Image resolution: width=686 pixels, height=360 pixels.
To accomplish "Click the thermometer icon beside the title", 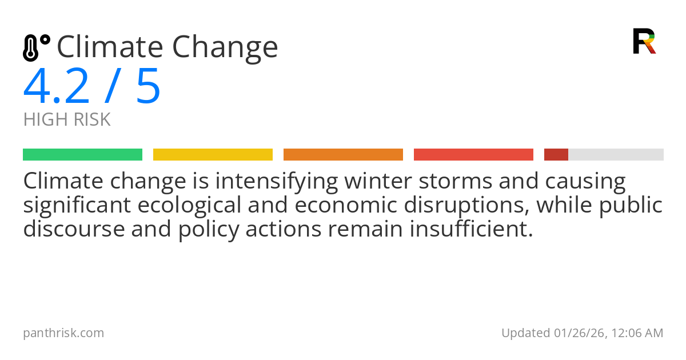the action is pos(37,47).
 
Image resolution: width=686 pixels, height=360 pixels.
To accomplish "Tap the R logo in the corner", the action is pos(644,41).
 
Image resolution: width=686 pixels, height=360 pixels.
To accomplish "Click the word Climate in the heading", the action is pos(110,46).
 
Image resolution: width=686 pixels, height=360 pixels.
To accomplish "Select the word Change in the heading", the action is pos(225,49).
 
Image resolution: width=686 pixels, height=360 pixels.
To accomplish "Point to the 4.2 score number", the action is pos(57,86).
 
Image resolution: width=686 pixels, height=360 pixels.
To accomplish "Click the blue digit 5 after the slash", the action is pos(148,86).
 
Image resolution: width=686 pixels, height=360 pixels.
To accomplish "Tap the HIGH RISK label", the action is pos(67,119).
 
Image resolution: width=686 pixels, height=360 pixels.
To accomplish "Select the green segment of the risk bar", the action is pos(83,155).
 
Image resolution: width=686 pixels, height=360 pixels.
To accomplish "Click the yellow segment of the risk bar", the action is pos(213,155).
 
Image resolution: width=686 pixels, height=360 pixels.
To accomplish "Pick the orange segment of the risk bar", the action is pos(344,155).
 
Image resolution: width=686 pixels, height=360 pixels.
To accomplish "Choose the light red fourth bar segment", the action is pos(473,155).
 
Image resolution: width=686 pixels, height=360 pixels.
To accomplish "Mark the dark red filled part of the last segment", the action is pos(556,155).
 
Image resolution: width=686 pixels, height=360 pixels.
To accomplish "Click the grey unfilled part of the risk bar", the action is pos(616,155).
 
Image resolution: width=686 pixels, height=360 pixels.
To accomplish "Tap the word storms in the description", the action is pos(456,181).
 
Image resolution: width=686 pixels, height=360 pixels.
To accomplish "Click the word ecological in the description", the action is pos(189,206).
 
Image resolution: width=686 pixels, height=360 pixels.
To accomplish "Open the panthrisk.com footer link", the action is pos(63,333).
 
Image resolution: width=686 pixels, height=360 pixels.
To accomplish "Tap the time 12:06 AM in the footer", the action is pos(637,333).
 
